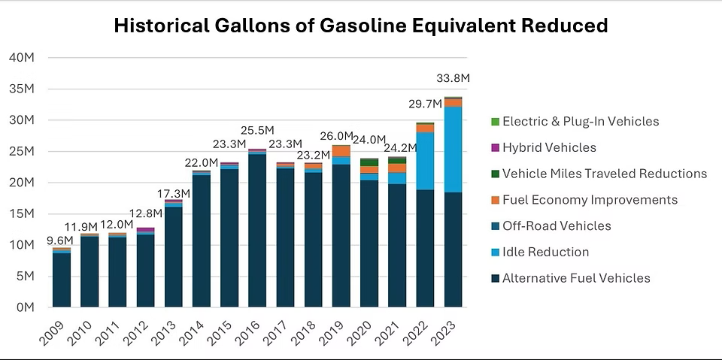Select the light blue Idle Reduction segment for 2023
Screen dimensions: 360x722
(x=453, y=150)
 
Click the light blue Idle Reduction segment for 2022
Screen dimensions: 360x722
(x=425, y=161)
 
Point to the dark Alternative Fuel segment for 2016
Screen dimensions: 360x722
(x=257, y=230)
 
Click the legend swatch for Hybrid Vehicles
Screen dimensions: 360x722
(x=494, y=148)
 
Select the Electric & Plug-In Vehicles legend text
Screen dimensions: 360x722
(x=580, y=122)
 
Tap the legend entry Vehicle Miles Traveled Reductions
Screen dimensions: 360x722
(x=604, y=174)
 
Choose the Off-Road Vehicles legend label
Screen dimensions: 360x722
(x=557, y=226)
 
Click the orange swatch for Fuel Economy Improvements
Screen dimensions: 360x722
(x=494, y=200)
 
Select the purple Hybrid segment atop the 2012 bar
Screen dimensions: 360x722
(x=146, y=230)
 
